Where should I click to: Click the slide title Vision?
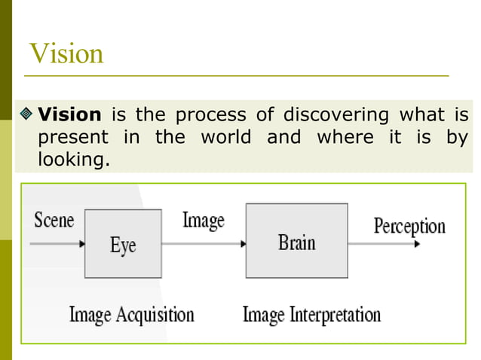[x=66, y=54]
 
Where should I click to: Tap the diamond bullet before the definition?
[x=27, y=115]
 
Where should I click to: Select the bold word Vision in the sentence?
[x=69, y=115]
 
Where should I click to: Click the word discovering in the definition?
[x=335, y=115]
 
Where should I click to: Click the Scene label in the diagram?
[x=54, y=220]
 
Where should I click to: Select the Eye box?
[x=123, y=244]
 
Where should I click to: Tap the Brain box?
[x=296, y=242]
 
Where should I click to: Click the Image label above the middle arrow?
[x=203, y=220]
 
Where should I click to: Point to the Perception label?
[x=409, y=226]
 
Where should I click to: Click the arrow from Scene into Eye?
[x=57, y=244]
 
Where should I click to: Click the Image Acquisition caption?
[x=131, y=314]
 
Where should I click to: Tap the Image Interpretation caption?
[x=311, y=314]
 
